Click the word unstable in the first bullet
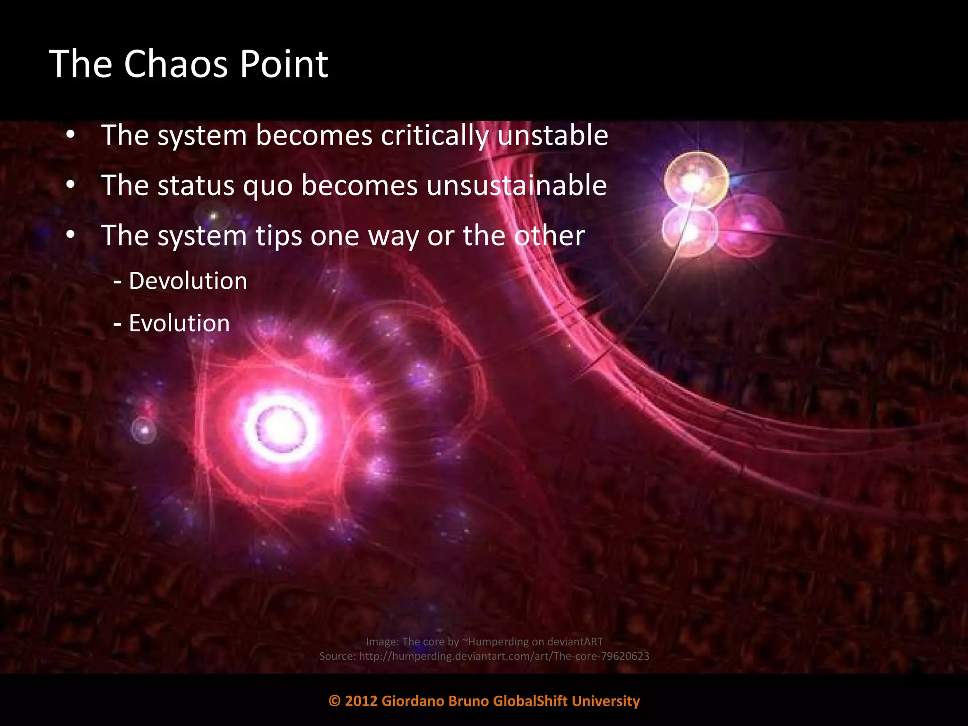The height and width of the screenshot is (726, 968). pyautogui.click(x=553, y=135)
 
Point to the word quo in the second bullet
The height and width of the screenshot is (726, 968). pyautogui.click(x=268, y=185)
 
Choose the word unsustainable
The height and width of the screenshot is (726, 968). pyautogui.click(x=517, y=185)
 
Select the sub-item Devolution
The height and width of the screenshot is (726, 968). pyautogui.click(x=188, y=281)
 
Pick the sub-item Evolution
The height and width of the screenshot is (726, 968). pyautogui.click(x=179, y=324)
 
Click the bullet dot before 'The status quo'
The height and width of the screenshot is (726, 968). pyautogui.click(x=70, y=185)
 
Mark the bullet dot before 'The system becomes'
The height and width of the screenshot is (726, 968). pyautogui.click(x=70, y=135)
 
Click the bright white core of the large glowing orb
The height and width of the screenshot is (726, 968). pyautogui.click(x=281, y=428)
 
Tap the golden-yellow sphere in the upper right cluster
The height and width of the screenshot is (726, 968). pyautogui.click(x=696, y=180)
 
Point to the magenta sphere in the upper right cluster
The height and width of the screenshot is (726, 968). pyautogui.click(x=749, y=226)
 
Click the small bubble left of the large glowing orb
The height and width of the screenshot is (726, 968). pyautogui.click(x=144, y=430)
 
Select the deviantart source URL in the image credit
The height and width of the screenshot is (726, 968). pyautogui.click(x=504, y=656)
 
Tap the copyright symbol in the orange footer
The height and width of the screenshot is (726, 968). pyautogui.click(x=335, y=701)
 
